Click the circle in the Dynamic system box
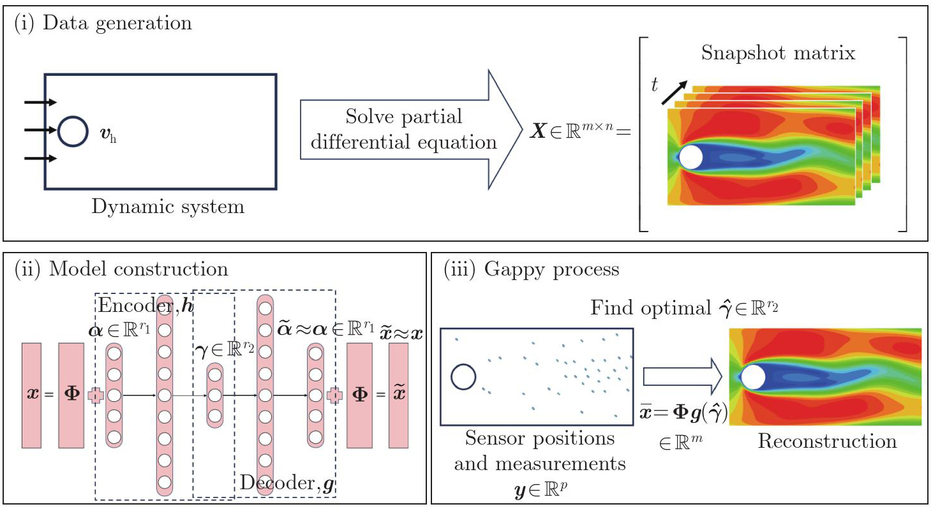coord(73,131)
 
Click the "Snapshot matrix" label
coord(778,53)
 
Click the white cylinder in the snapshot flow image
coord(690,156)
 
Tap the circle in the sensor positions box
coord(463,376)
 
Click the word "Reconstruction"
coord(827,441)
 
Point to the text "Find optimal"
coord(645,309)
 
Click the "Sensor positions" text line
coord(540,438)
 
